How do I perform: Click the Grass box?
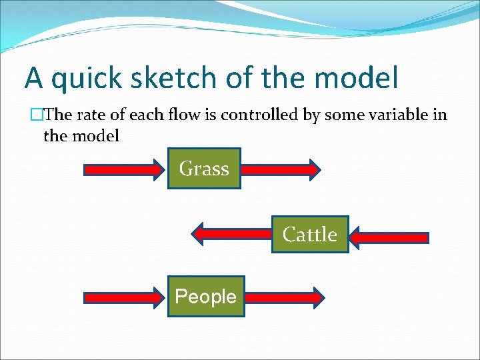click(204, 169)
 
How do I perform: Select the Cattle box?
click(310, 235)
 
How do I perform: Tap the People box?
click(205, 297)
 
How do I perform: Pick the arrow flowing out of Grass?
click(281, 169)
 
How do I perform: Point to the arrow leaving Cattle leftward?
click(231, 234)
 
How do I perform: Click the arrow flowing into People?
click(125, 297)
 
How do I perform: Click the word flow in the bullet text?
click(180, 115)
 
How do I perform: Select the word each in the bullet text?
click(147, 115)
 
